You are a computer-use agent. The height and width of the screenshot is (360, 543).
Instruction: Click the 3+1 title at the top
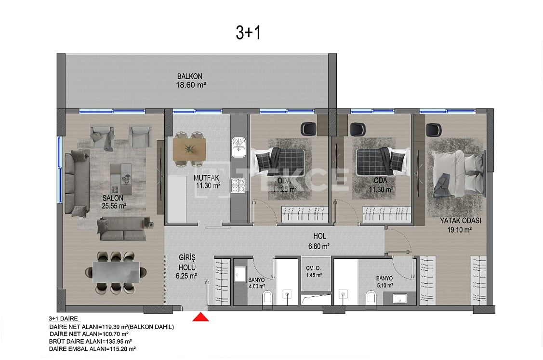pyautogui.click(x=248, y=32)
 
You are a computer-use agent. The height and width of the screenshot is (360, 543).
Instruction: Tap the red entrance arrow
pyautogui.click(x=200, y=317)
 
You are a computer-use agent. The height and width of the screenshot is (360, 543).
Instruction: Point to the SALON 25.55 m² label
pyautogui.click(x=114, y=202)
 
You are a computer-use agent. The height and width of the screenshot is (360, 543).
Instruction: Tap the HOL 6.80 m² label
pyautogui.click(x=319, y=241)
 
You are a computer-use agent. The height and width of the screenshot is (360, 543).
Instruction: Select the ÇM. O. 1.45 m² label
pyautogui.click(x=314, y=272)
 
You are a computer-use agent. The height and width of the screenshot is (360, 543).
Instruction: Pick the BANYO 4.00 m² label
pyautogui.click(x=256, y=282)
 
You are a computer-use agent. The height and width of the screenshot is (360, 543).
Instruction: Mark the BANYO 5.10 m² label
pyautogui.click(x=384, y=281)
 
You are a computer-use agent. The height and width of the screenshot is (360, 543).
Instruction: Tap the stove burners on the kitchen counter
pyautogui.click(x=238, y=186)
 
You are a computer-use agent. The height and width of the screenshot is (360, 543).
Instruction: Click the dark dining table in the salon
pyautogui.click(x=116, y=272)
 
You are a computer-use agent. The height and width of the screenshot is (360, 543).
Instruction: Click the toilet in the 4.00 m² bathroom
pyautogui.click(x=268, y=299)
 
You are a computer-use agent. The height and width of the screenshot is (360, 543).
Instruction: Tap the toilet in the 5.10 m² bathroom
pyautogui.click(x=371, y=299)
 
